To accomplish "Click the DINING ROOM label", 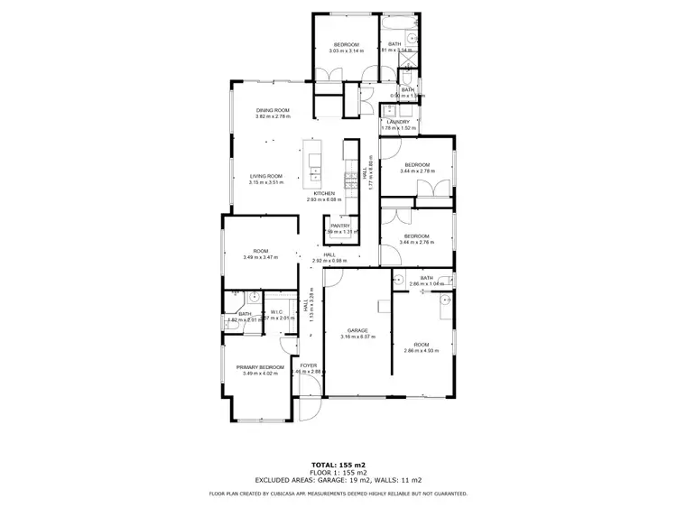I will pyautogui.click(x=272, y=110).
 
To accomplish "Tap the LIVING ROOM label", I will pyautogui.click(x=266, y=176).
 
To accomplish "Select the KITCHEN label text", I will pyautogui.click(x=324, y=193).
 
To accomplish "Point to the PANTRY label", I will pyautogui.click(x=340, y=226).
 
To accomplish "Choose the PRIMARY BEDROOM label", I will pyautogui.click(x=260, y=367).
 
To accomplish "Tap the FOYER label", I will pyautogui.click(x=310, y=365).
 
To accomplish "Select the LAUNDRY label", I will pyautogui.click(x=400, y=122).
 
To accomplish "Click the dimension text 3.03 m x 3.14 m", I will pyautogui.click(x=347, y=51).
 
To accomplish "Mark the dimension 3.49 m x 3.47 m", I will pyautogui.click(x=261, y=258).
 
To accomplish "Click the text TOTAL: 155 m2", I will pyautogui.click(x=338, y=464).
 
